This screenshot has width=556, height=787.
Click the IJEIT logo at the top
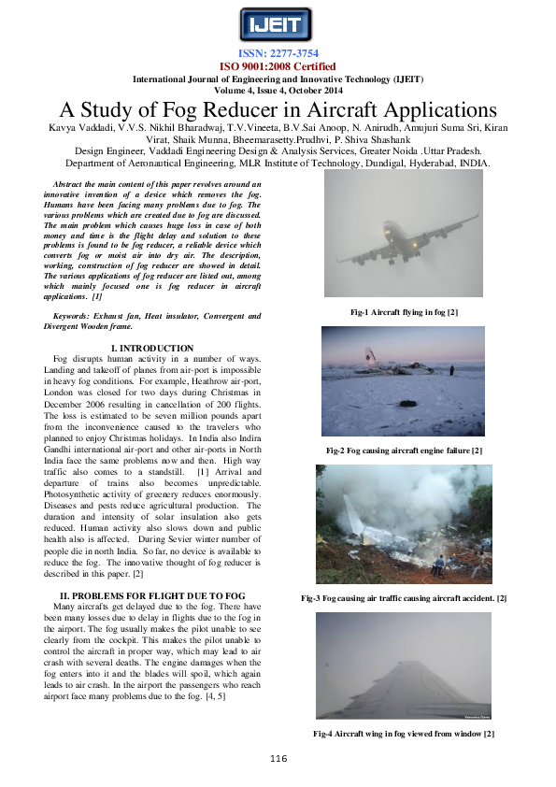pyautogui.click(x=278, y=25)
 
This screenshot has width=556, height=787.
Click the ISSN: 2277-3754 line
pyautogui.click(x=278, y=54)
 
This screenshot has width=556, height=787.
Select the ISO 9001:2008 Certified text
pyautogui.click(x=278, y=66)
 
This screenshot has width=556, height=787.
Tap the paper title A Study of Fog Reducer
pyautogui.click(x=278, y=109)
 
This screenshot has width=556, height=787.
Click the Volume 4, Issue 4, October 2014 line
pyautogui.click(x=278, y=91)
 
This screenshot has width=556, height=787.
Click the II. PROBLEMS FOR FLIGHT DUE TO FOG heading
pyautogui.click(x=152, y=594)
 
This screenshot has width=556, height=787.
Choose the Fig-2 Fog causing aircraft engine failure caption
pyautogui.click(x=404, y=451)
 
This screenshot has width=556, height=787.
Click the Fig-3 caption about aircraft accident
pyautogui.click(x=404, y=597)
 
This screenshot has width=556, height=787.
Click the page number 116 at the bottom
pyautogui.click(x=278, y=758)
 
